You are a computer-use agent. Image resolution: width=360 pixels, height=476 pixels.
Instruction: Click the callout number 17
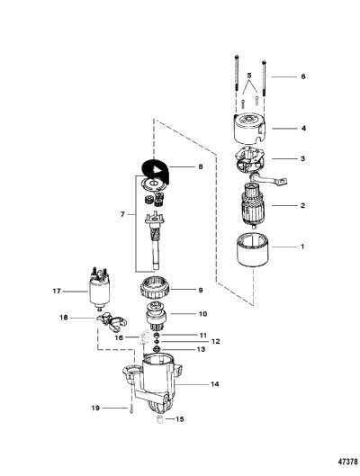point(57,292)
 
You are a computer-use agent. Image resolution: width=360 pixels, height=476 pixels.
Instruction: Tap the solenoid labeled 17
point(99,289)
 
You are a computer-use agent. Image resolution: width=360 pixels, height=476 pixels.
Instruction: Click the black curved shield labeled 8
point(157,171)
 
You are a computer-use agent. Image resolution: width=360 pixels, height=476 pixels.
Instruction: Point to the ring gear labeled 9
point(156,291)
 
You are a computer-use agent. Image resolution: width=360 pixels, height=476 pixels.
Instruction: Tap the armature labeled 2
point(253,204)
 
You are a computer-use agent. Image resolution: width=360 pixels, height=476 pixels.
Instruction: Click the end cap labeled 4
point(249,129)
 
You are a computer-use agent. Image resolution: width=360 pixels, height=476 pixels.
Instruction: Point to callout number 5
point(249,75)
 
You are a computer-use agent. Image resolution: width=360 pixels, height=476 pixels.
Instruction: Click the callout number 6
point(303,76)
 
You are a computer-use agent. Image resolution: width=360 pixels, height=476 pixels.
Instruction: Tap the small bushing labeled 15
point(159,420)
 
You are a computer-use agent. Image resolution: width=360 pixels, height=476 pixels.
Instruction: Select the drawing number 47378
point(348,462)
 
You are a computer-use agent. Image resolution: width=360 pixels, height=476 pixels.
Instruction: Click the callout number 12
point(215,342)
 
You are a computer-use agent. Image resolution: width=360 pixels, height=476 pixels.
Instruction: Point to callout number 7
point(122,214)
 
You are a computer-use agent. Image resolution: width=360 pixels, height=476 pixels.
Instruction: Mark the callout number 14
point(214,384)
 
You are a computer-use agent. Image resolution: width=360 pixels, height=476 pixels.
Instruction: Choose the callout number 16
point(119,337)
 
